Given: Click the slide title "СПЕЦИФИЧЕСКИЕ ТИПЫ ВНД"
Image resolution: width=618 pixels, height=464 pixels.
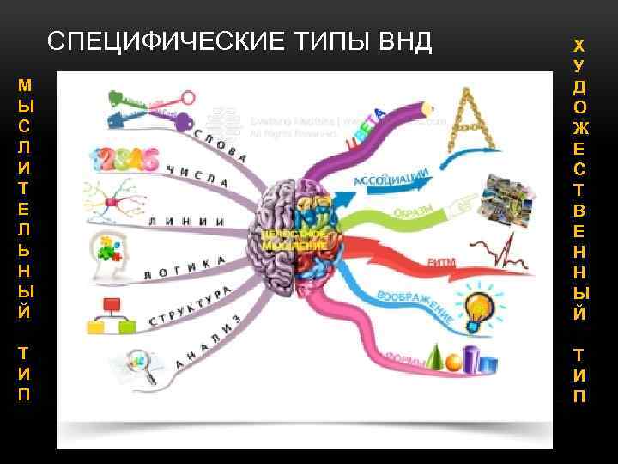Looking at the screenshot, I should (x=239, y=41).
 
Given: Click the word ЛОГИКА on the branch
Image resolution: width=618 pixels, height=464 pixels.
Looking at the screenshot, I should (x=185, y=267).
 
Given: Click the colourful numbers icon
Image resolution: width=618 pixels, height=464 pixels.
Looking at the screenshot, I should (x=125, y=159).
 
